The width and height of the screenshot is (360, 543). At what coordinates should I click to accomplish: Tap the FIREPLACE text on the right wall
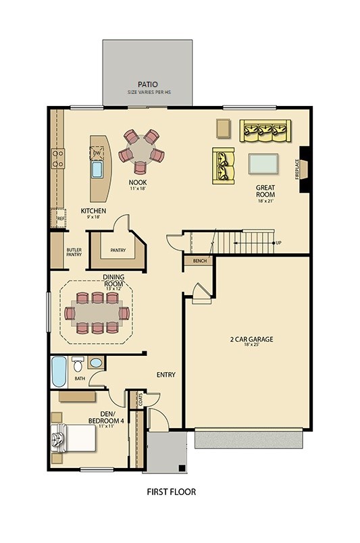click(x=297, y=168)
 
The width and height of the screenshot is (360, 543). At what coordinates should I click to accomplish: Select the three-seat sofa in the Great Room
click(x=265, y=130)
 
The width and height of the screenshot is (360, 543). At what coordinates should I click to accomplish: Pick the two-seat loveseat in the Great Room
click(x=223, y=165)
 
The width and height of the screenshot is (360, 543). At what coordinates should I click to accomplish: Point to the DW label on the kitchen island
click(x=97, y=154)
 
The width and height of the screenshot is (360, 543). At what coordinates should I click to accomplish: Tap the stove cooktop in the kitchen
click(x=58, y=159)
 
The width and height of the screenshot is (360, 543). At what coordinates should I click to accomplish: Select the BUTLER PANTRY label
click(x=74, y=252)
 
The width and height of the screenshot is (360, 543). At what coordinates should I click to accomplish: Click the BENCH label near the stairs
click(x=199, y=260)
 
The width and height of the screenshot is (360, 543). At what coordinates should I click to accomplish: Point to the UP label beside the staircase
click(x=278, y=242)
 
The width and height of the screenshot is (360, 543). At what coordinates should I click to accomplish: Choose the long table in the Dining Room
click(x=97, y=313)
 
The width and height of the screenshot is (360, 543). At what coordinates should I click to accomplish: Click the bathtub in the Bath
click(x=59, y=371)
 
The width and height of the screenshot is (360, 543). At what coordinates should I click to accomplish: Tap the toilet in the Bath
click(x=78, y=365)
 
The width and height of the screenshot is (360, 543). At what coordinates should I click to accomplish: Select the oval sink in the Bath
click(x=96, y=363)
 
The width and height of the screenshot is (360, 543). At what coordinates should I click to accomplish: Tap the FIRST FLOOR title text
click(x=172, y=492)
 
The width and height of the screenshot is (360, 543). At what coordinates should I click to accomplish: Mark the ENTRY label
click(x=166, y=374)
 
